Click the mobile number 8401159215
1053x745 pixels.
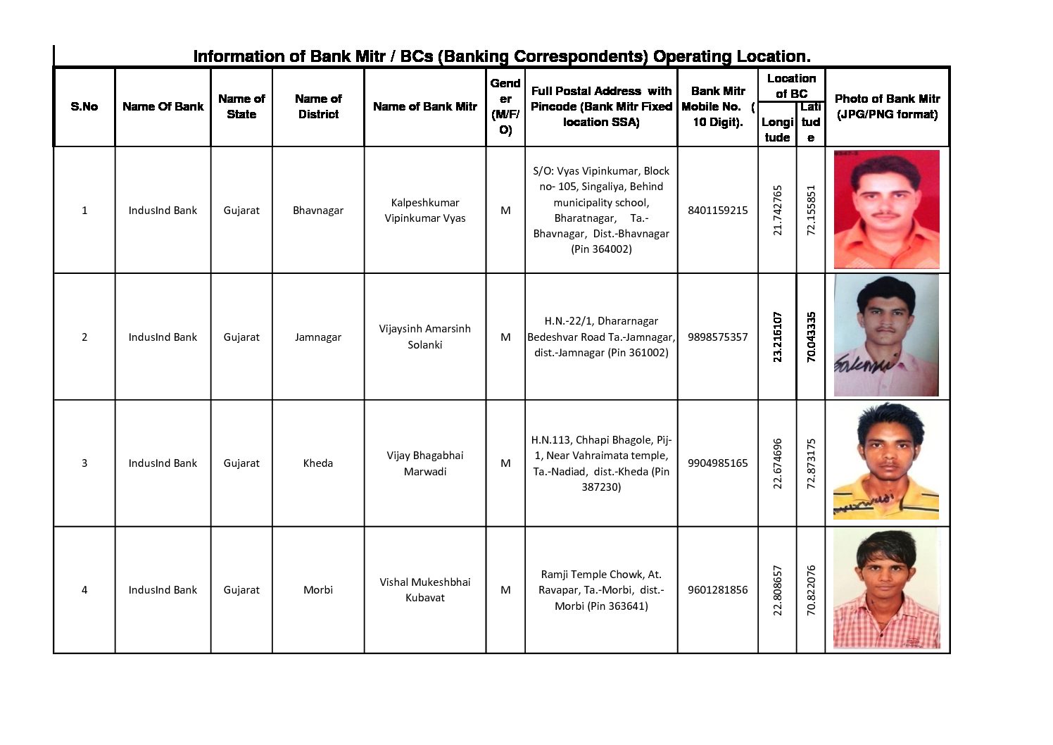point(717,210)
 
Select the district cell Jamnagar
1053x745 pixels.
point(317,337)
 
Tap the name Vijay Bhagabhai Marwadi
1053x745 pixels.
point(424,463)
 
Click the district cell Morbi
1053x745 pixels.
point(317,589)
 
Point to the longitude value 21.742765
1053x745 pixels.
point(777,210)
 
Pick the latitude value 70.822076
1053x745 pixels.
point(811,590)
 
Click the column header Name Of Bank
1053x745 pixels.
point(163,106)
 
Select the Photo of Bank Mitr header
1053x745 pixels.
point(887,106)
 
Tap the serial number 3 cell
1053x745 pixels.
point(84,463)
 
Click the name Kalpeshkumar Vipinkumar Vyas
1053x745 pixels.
point(424,210)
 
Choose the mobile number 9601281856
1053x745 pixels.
point(717,589)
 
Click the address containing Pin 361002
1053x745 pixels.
point(601,337)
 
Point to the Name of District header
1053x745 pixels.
point(318,106)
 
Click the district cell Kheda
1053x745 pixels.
point(317,463)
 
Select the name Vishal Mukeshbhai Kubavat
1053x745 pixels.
point(424,589)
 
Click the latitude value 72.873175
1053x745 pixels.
point(811,463)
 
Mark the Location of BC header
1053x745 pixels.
point(791,85)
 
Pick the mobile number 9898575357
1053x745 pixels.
point(717,337)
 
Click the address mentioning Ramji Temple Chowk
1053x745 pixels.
point(601,589)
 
